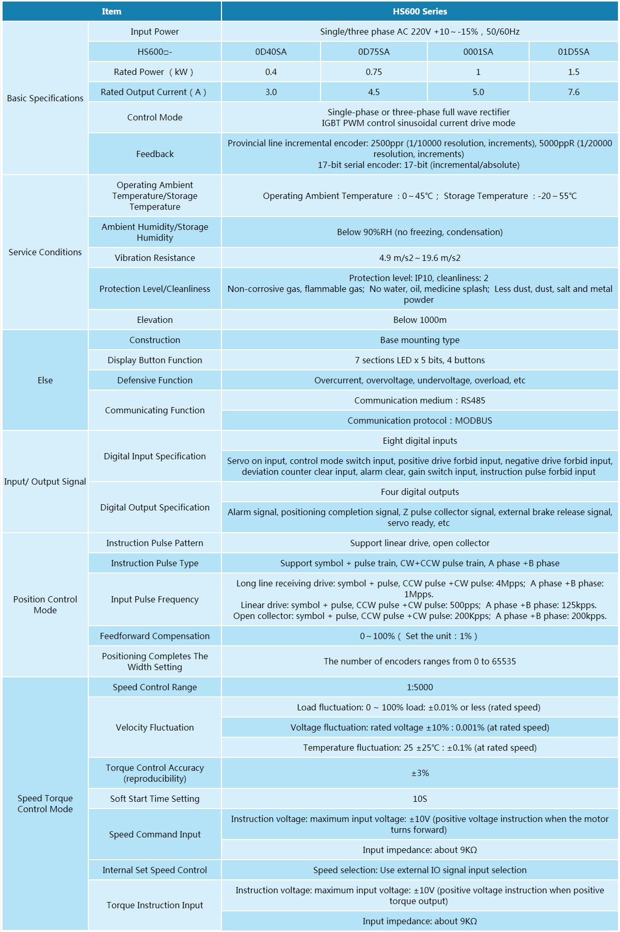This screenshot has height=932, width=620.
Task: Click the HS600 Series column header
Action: click(x=420, y=11)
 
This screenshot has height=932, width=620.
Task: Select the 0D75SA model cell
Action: click(x=374, y=52)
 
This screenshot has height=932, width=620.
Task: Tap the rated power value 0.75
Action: click(x=374, y=72)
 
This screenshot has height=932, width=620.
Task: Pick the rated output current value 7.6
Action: click(x=574, y=92)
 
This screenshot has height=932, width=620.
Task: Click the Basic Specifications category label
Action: click(x=45, y=98)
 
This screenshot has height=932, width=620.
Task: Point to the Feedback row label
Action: click(x=155, y=154)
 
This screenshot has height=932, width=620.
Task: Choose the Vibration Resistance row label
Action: click(x=155, y=258)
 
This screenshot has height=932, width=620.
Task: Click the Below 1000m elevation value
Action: click(x=420, y=320)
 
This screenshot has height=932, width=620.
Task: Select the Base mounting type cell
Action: click(x=420, y=340)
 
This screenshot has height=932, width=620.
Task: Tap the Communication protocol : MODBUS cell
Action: click(x=420, y=421)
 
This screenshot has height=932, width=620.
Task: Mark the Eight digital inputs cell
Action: click(x=420, y=441)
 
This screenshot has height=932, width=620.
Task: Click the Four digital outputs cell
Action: click(x=420, y=492)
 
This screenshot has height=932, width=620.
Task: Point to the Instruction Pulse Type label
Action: click(x=155, y=563)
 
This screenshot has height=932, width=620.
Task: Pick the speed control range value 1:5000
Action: click(x=420, y=687)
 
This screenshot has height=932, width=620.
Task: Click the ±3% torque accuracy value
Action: click(x=420, y=773)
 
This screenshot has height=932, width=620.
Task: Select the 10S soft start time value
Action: click(x=420, y=799)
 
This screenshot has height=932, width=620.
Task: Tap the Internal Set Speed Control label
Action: click(x=155, y=870)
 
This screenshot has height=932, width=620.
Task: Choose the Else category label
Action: click(x=45, y=380)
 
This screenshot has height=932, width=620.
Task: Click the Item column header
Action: click(x=112, y=11)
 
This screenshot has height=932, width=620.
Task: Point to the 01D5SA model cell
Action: click(x=574, y=52)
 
